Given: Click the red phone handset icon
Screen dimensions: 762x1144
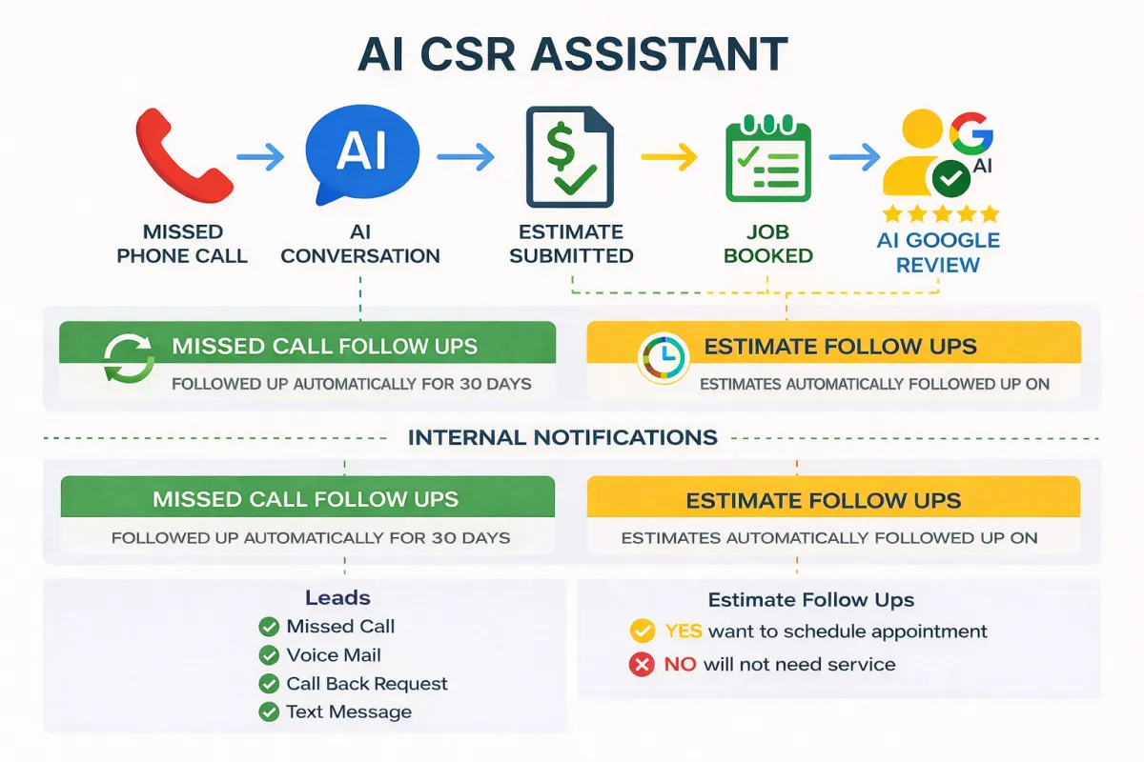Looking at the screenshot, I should coord(182,154).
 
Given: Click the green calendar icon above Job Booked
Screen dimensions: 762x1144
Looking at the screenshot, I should coord(767,158).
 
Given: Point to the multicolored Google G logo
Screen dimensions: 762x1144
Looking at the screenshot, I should coord(970,132).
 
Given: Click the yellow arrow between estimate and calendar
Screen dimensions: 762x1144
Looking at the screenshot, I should coord(669,158).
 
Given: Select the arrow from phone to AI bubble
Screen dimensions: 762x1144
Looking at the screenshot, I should coord(259,155).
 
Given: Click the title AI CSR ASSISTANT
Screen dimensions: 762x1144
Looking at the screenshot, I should coord(572,56).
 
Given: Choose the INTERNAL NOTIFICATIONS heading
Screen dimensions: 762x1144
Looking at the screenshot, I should coord(562,438).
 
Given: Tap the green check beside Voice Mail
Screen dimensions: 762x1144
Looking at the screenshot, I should coord(269,655).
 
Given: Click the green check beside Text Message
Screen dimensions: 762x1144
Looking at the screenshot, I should coord(269,712).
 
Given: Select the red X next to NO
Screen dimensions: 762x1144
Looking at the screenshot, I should coord(642,665).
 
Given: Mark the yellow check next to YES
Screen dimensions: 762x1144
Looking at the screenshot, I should coord(643,631).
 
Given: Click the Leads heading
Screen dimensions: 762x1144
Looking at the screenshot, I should coord(337,598).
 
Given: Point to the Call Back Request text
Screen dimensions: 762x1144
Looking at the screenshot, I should coord(367,684).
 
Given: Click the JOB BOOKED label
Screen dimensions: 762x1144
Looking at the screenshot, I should coord(767,244).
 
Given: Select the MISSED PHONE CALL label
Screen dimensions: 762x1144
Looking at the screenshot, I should coord(182,244).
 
